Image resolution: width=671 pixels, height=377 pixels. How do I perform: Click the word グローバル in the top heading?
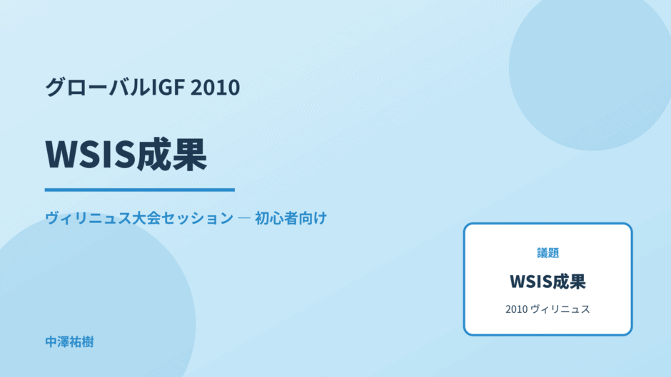coord(98,87)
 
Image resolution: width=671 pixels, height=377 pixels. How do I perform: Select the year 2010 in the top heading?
coord(216,87)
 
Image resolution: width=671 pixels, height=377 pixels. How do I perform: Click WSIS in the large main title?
coord(90,155)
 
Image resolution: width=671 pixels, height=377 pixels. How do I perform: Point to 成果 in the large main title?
coord(172,155)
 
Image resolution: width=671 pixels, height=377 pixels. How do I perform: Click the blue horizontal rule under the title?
coord(140,190)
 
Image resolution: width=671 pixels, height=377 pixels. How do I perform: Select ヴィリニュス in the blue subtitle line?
coord(88,218)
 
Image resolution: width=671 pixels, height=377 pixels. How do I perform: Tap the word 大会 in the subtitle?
coord(146,218)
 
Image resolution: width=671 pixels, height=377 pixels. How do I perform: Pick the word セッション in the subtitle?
coord(197,218)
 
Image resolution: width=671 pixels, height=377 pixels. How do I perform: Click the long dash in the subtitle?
coord(244,218)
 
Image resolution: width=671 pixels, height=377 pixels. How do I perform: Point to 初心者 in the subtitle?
coord(276,218)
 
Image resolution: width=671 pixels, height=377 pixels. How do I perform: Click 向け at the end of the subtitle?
coord(313,218)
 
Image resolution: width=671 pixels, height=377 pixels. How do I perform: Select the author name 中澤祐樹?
coord(69,342)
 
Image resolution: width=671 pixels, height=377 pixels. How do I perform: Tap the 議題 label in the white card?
coord(548,252)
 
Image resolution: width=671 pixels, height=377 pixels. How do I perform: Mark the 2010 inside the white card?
coord(517,309)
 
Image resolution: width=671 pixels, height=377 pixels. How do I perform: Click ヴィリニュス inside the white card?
coord(560,309)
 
